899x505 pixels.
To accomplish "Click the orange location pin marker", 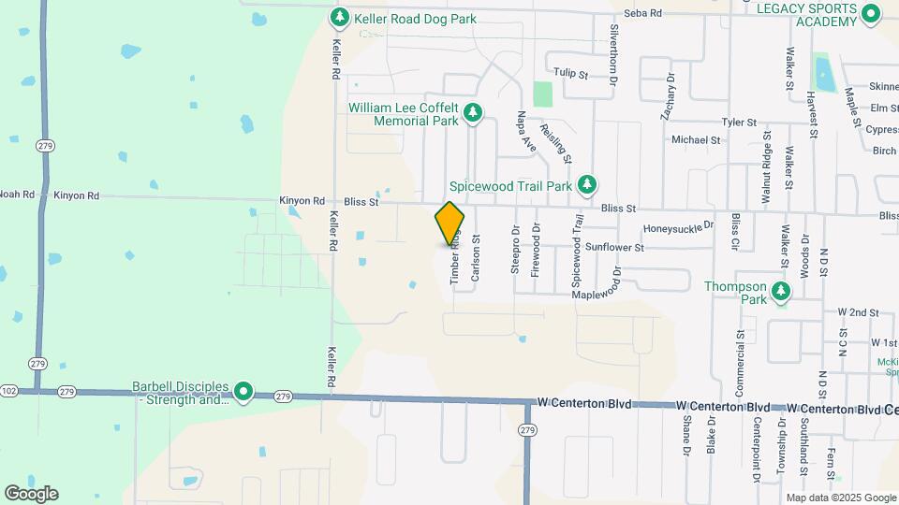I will coord(450,223).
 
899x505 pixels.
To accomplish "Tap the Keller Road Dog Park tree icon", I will coord(340,18).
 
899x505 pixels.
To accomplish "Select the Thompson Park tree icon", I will coord(780,294).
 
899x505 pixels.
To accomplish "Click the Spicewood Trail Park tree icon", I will coord(587,184).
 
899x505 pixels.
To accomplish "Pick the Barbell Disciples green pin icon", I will coord(243,392).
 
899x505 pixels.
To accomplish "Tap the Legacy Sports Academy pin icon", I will coord(870,13).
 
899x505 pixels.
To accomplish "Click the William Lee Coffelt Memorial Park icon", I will coord(474,113).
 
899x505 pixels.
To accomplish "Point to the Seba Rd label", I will coord(643,13).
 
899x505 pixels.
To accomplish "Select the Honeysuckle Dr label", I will coord(678,227).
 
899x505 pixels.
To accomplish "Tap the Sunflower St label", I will coord(614,248).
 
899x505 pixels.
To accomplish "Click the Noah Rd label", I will coord(16,195).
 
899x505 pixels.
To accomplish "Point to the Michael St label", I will coord(696,140).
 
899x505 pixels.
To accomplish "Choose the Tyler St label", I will coord(738,123).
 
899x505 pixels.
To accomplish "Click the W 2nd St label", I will coord(859,311).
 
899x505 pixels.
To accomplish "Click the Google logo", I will coord(31,493).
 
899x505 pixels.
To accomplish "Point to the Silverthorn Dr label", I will coord(614,43).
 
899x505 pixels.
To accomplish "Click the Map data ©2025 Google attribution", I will coord(839,498).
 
